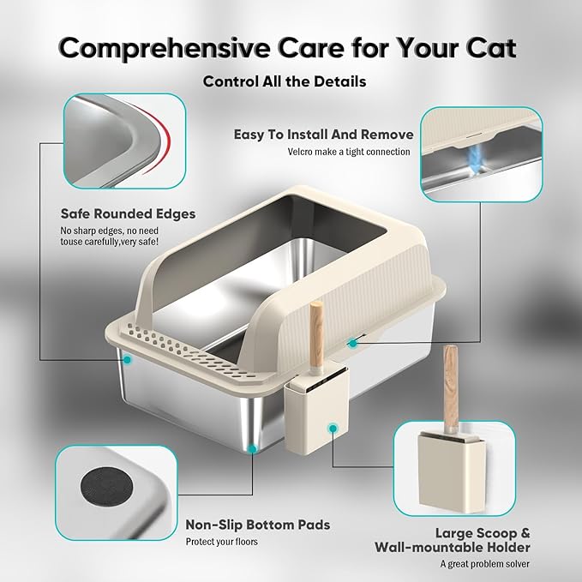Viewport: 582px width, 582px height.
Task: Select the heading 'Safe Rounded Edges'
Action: pos(128,213)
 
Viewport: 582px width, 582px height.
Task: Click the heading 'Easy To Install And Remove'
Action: pos(324,135)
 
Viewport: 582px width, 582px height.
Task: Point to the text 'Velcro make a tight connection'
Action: pos(349,153)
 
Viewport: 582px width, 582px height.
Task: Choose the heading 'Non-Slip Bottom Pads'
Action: pos(258,524)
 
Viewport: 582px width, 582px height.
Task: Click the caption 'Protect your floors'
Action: pos(222,542)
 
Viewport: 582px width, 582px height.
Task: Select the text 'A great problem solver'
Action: pos(485,563)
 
